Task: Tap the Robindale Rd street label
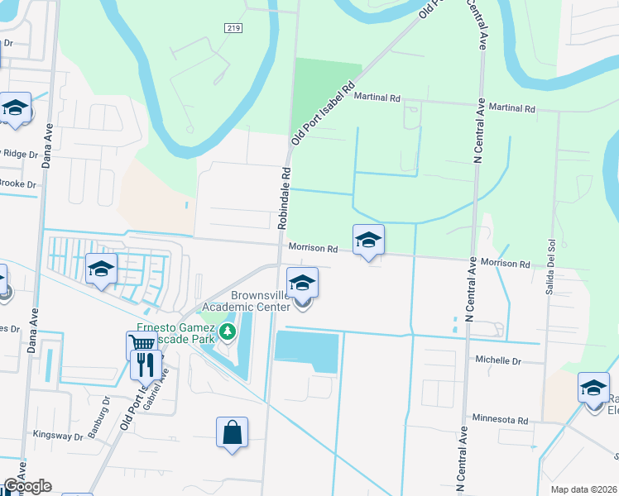[x=285, y=198]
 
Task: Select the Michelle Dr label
[x=498, y=361]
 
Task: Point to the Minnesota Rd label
[x=501, y=420]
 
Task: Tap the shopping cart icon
[x=142, y=344]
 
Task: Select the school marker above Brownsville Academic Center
[x=303, y=283]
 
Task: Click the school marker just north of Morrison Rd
[x=368, y=240]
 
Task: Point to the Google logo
[x=26, y=486]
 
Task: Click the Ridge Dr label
[x=20, y=154]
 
